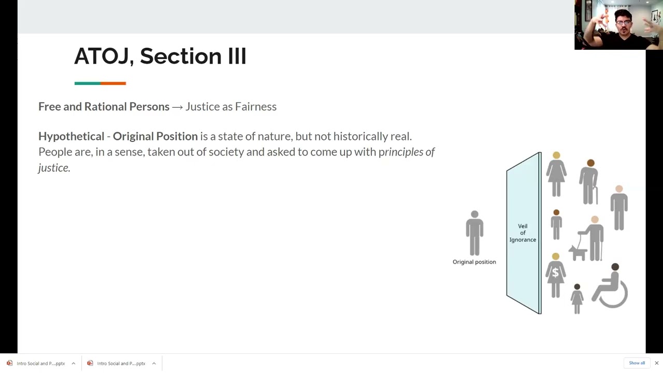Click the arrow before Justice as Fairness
click(x=177, y=107)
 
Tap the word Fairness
click(x=256, y=107)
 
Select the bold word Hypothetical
click(x=71, y=136)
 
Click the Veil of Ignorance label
click(x=523, y=233)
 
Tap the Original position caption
click(x=474, y=262)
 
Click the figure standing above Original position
click(x=474, y=233)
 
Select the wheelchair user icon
click(x=610, y=285)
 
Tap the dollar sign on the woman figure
click(x=555, y=272)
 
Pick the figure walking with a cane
click(x=589, y=182)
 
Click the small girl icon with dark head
click(x=577, y=299)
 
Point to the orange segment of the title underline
click(x=113, y=83)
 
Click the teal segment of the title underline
click(x=88, y=83)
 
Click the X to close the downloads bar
click(x=656, y=363)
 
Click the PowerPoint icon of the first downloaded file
click(x=9, y=363)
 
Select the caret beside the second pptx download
click(x=154, y=363)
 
